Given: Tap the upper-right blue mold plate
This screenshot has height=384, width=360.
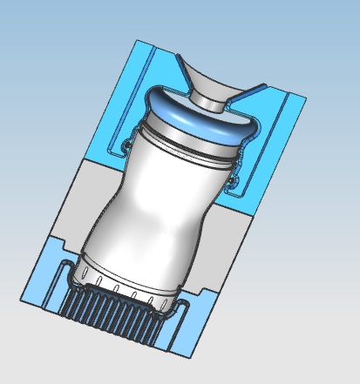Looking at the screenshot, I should pyautogui.click(x=279, y=139).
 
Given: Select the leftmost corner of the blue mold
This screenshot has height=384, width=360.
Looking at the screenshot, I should pyautogui.click(x=20, y=301).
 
